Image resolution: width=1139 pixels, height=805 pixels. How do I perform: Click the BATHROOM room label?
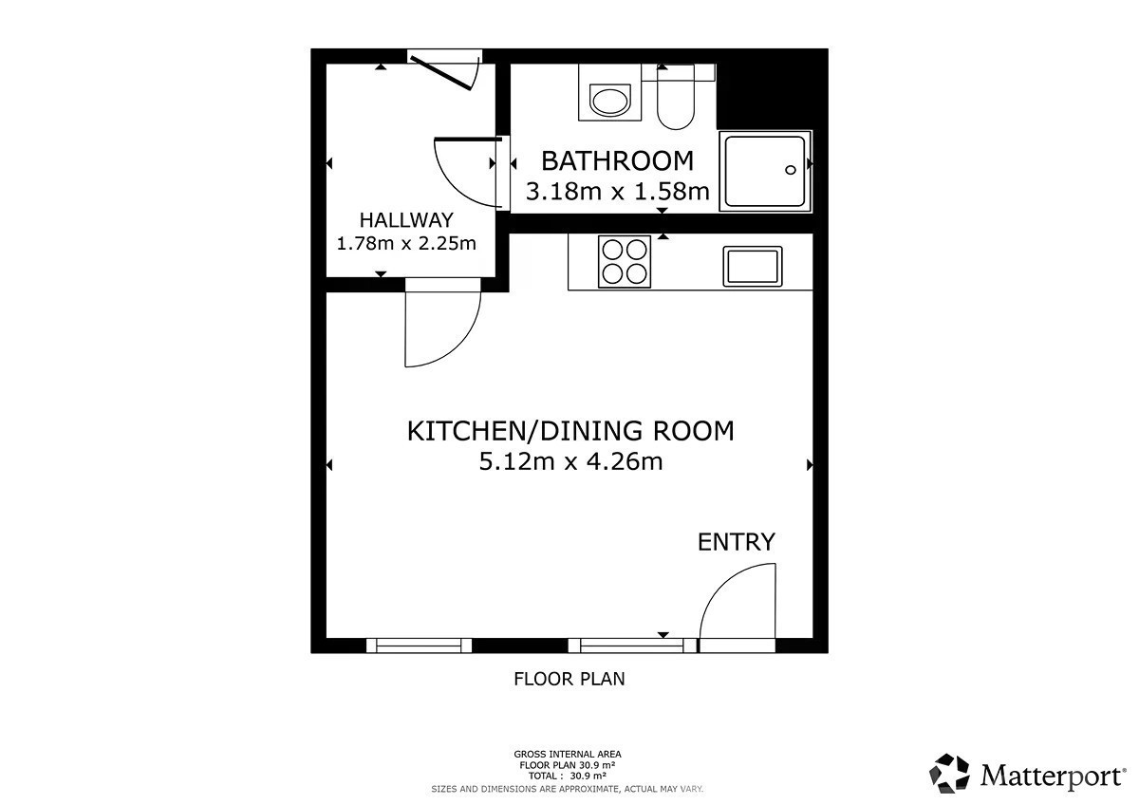[x=617, y=161]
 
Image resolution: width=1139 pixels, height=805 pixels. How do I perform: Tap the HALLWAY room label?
[x=406, y=220]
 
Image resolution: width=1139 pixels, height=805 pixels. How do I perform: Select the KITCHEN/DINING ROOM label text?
[x=570, y=431]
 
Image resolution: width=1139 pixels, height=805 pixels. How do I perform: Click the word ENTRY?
[x=737, y=542]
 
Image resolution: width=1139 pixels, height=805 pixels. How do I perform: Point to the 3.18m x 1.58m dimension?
[x=617, y=192]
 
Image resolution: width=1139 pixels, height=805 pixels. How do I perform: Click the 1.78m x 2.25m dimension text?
[x=406, y=244]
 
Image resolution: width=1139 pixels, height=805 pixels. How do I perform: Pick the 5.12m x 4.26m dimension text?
[x=570, y=462]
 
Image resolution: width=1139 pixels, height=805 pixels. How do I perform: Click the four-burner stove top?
[x=625, y=261]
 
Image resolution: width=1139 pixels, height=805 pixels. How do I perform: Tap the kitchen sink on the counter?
[x=753, y=267]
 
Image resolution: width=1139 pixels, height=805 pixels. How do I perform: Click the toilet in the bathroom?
[x=676, y=99]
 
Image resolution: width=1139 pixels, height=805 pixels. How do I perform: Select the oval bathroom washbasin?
[x=610, y=101]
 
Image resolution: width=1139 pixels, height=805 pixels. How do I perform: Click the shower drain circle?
[x=790, y=170]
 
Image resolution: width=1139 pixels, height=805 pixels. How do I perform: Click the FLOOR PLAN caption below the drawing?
[x=569, y=679]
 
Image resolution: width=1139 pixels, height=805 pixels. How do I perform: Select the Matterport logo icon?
[x=949, y=774]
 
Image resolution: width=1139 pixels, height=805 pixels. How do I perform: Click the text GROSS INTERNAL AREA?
[x=568, y=754]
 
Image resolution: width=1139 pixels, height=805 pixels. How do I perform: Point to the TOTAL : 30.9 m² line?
[x=568, y=777]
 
